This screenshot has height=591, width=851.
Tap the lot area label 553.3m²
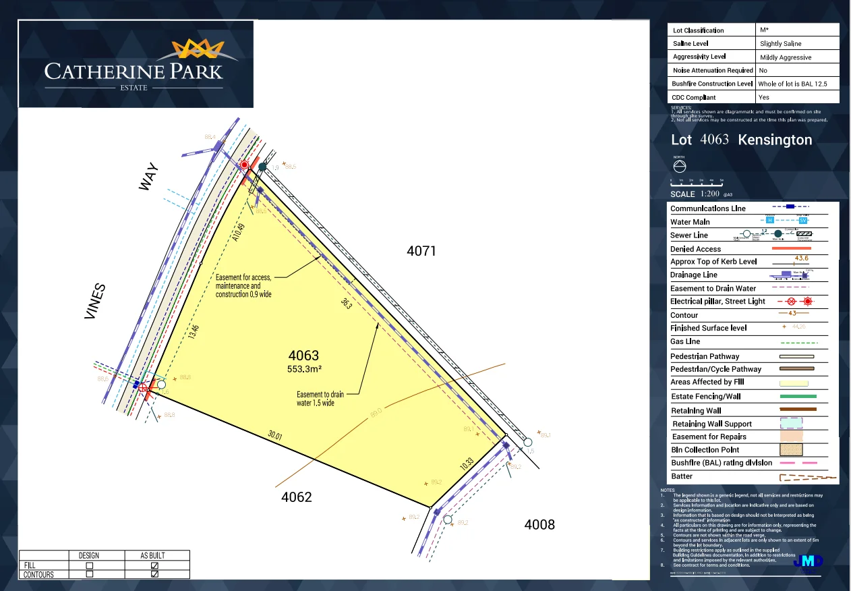304,369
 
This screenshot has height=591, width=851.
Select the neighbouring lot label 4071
421,252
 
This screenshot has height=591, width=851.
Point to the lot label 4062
297,498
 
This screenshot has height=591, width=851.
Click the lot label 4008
539,524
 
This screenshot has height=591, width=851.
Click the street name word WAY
148,176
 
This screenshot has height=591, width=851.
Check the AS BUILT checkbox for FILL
154,565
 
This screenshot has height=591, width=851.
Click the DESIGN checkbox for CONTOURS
89,575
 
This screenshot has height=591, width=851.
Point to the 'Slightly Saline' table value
781,44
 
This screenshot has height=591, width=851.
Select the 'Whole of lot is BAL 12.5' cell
792,84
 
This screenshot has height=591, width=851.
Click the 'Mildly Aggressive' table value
786,57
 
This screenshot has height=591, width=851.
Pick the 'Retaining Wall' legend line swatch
798,410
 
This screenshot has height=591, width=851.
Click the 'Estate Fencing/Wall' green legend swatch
798,397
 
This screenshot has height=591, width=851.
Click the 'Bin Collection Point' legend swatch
798,449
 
